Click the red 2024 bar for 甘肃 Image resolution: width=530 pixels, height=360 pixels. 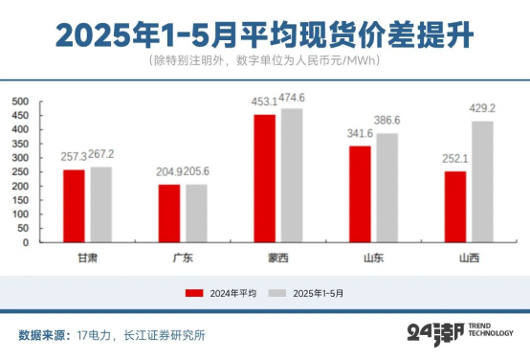(x=74, y=206)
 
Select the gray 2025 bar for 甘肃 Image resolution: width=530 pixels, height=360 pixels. (x=100, y=204)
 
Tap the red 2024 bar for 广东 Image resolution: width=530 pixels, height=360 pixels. (x=169, y=213)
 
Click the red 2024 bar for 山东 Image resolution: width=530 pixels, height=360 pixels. (x=361, y=193)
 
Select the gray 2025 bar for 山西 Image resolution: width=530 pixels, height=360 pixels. (x=482, y=181)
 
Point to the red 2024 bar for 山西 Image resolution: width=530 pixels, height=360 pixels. (x=455, y=206)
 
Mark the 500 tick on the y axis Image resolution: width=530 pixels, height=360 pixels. (x=20, y=101)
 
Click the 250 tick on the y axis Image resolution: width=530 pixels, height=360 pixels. (x=20, y=171)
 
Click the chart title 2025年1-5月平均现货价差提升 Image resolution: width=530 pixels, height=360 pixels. (x=264, y=34)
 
